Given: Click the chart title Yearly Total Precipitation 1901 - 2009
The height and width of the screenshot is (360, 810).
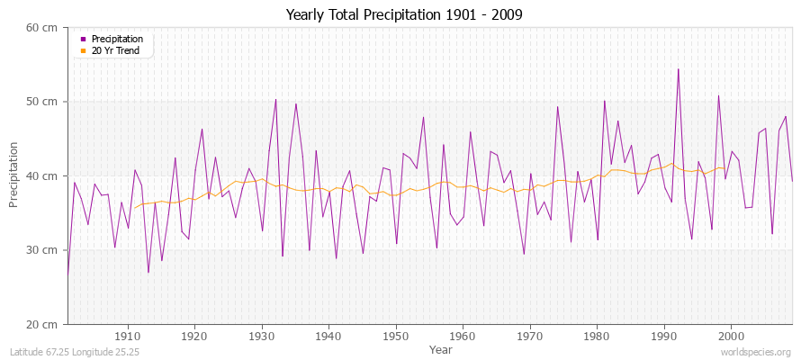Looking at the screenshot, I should coord(404,15).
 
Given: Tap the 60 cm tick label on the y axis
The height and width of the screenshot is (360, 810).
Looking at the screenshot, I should coord(42,28).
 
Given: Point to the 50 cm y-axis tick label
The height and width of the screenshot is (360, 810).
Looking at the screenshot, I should coord(42,102).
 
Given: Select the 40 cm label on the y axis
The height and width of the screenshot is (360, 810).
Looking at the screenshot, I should coord(42,176).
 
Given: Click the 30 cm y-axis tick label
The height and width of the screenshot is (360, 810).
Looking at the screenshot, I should coord(42,250).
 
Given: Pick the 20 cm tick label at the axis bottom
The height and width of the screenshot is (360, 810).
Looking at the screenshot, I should coord(42,324).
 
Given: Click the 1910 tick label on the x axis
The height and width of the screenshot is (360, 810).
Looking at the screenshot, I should coord(127,336).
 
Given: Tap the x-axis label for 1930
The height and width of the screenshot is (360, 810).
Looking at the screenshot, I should coord(261,336).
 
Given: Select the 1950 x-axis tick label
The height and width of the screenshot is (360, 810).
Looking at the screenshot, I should coord(395,336).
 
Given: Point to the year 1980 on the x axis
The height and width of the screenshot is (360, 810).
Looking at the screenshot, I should coord(597,336).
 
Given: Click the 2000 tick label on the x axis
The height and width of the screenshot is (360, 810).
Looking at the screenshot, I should coord(731,336).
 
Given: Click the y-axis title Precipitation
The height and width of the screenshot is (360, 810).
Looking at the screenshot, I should coord(13,175).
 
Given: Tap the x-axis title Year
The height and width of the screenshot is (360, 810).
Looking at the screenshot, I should coord(441,348).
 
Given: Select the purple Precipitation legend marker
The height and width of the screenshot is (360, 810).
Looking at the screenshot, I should coord(84,40).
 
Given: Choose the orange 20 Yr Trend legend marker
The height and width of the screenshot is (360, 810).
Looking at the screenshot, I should coord(84,50).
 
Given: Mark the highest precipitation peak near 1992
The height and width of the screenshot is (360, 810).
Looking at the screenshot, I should coord(678,69).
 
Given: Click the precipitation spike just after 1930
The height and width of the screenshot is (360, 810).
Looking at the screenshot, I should coord(275,99).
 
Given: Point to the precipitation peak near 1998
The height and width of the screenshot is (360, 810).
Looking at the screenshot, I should coord(718,95).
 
